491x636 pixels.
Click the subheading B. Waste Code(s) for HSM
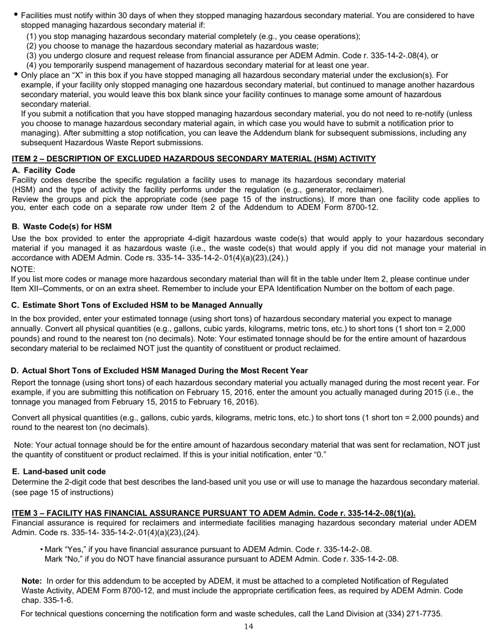click(x=62, y=226)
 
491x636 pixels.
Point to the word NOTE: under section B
click(x=23, y=269)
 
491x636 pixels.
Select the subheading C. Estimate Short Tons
click(x=136, y=305)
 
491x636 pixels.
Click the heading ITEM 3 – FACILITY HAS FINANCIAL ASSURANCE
click(x=213, y=513)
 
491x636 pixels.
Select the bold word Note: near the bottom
click(x=32, y=581)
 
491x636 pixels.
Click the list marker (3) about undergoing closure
click(x=32, y=55)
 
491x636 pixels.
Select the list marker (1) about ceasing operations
click(x=32, y=36)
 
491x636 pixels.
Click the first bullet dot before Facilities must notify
click(x=15, y=15)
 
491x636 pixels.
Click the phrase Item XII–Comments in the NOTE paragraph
click(x=43, y=289)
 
